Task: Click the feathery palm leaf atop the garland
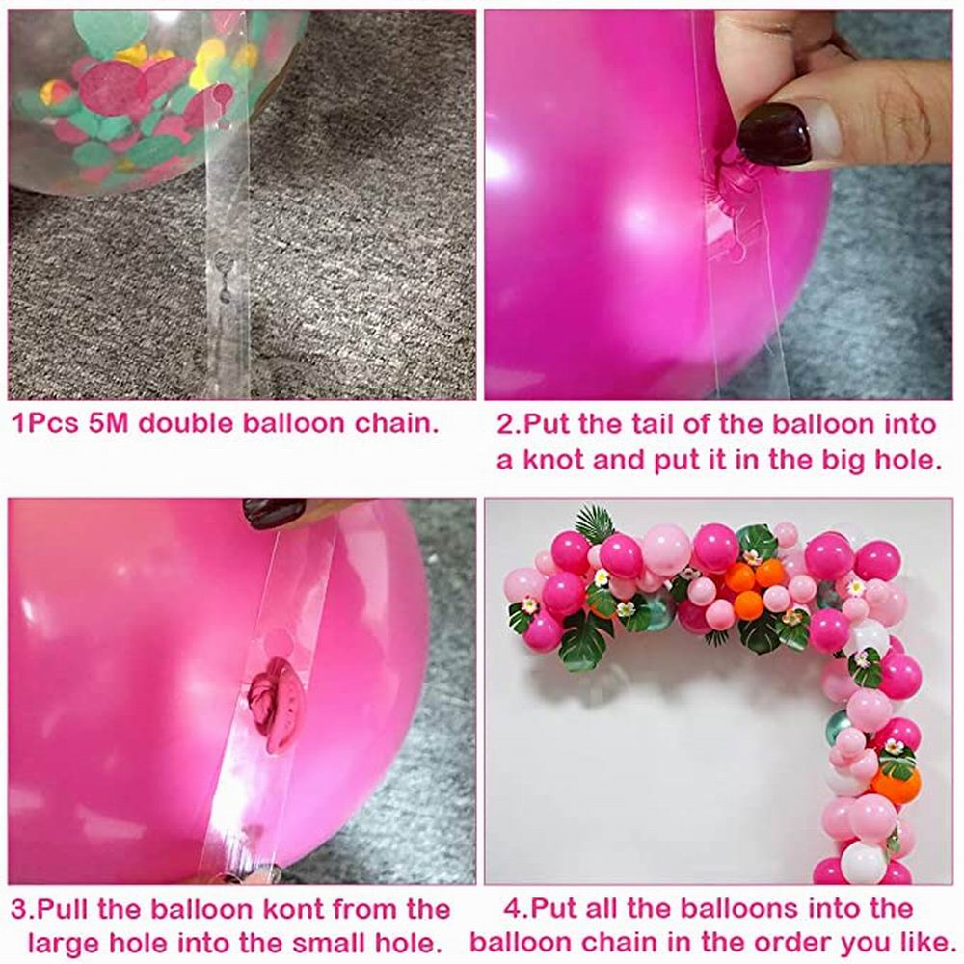tap(595, 523)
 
